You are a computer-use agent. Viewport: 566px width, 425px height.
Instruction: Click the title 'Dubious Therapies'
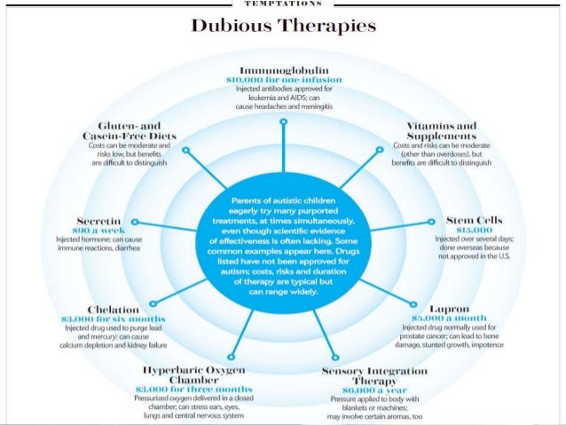283,26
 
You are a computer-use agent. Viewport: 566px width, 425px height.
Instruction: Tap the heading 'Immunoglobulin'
283,69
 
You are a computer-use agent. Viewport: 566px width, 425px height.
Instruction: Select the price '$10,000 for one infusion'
283,80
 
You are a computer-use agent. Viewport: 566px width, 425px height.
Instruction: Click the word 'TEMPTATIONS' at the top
283,4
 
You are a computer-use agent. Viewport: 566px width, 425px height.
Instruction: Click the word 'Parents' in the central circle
242,201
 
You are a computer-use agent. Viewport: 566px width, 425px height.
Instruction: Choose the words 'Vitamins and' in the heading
440,127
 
